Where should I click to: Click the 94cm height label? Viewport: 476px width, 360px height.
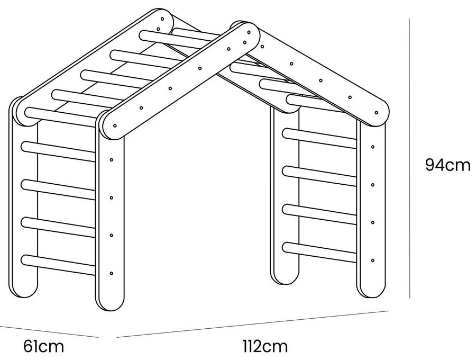pyautogui.click(x=447, y=165)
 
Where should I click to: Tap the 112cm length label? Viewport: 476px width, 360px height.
pyautogui.click(x=265, y=347)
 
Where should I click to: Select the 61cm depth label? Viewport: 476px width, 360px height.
pyautogui.click(x=44, y=347)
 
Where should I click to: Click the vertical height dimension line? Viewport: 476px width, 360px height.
pyautogui.click(x=409, y=159)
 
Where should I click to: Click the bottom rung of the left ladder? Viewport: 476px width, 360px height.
pyautogui.click(x=58, y=265)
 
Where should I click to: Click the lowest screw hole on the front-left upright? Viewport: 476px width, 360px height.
pyautogui.click(x=111, y=273)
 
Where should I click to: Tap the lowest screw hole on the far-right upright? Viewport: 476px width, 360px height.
pyautogui.click(x=373, y=260)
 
